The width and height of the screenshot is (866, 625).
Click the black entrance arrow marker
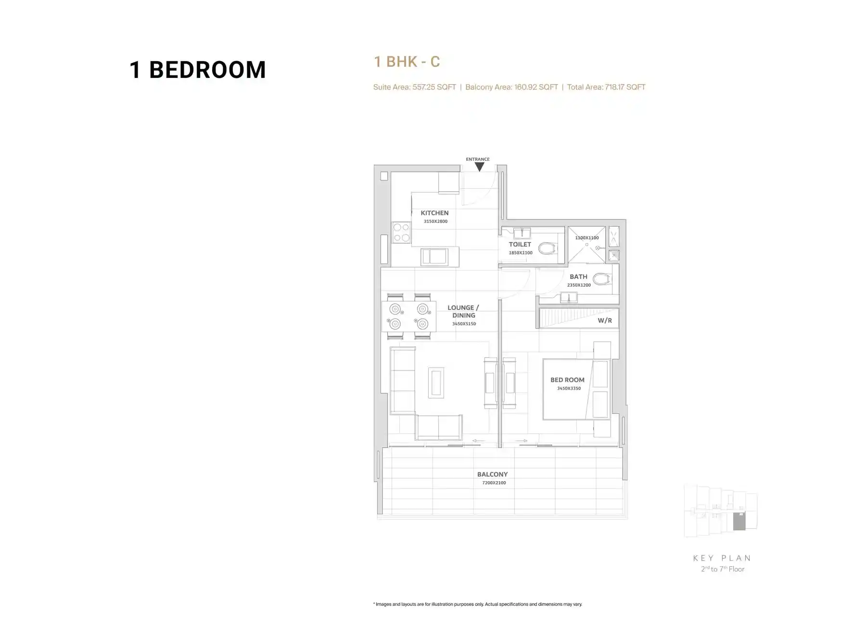point(479,166)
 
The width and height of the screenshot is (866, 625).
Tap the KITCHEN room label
point(434,213)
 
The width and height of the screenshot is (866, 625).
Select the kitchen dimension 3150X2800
point(435,221)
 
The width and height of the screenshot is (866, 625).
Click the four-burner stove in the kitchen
point(401,232)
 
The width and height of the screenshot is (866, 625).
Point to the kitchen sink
point(434,256)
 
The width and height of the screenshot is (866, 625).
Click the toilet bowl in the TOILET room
point(547,248)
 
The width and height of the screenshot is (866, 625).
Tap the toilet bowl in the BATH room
point(602,279)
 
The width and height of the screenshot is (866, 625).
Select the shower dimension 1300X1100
point(587,238)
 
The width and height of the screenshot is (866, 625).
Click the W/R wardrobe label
point(605,320)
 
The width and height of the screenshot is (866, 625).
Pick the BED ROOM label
point(567,380)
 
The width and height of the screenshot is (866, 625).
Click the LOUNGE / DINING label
point(463,311)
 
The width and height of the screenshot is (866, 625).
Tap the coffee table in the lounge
point(436,383)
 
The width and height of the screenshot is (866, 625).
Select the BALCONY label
point(492,474)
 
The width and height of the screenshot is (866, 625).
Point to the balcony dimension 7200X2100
point(494,483)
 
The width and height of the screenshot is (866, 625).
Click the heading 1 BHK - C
point(407,62)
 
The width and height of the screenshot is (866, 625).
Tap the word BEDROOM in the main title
point(207,70)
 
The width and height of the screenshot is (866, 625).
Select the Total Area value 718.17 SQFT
point(625,87)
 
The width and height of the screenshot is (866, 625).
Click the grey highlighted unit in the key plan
point(739,522)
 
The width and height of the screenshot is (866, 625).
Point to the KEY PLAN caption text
point(722,558)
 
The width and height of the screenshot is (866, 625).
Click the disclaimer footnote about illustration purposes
point(478,604)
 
